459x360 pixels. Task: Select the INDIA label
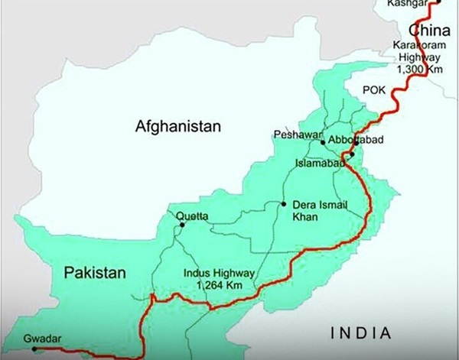[x=360, y=332]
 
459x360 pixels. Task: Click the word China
[x=430, y=29]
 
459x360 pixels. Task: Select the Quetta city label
[x=192, y=216]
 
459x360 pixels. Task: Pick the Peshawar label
[x=295, y=135]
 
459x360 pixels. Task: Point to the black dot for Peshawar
[x=323, y=142]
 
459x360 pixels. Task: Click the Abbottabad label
[x=356, y=141]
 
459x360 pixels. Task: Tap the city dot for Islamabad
[x=351, y=156]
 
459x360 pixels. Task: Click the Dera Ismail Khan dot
[x=284, y=204]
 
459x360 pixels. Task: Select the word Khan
[x=303, y=218]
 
